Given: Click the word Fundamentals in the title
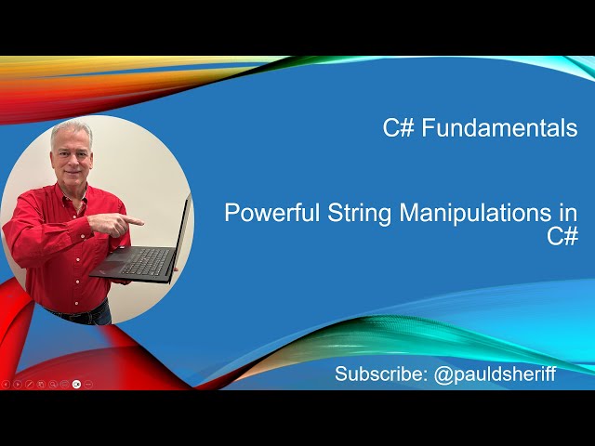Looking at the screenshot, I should point(499,128).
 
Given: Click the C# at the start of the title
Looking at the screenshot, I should point(399,128).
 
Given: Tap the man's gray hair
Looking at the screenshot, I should point(72,129).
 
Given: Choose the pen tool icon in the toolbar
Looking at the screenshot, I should point(29,384).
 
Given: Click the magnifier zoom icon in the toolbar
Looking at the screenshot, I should point(53,384).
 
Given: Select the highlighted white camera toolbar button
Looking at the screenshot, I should point(76,384).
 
